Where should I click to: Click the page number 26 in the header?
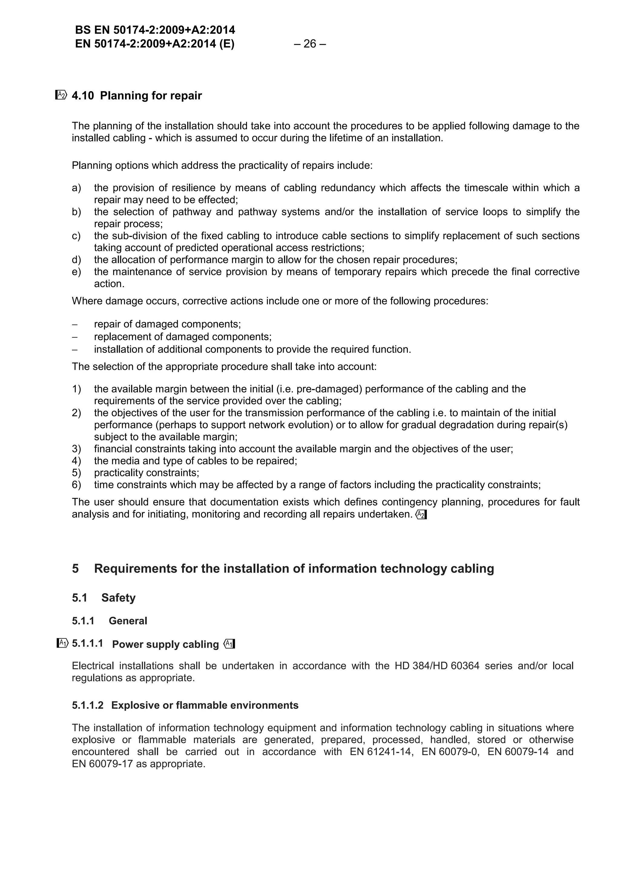click(310, 44)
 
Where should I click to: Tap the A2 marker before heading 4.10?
click(61, 95)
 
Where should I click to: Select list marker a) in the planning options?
click(76, 188)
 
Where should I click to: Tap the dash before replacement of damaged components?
click(75, 337)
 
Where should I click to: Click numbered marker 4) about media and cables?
click(76, 461)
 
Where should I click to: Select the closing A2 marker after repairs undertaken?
click(420, 514)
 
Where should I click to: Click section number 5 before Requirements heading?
click(75, 569)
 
